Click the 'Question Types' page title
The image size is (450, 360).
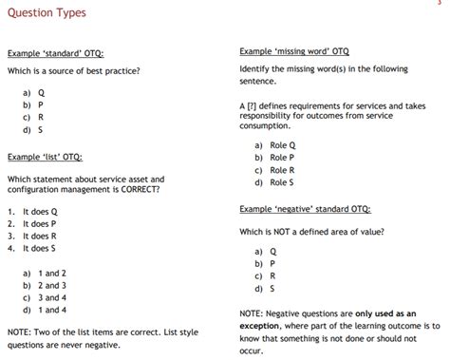(x=46, y=12)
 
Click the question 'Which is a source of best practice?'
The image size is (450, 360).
(x=74, y=71)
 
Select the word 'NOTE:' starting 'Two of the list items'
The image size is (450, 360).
(x=21, y=332)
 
